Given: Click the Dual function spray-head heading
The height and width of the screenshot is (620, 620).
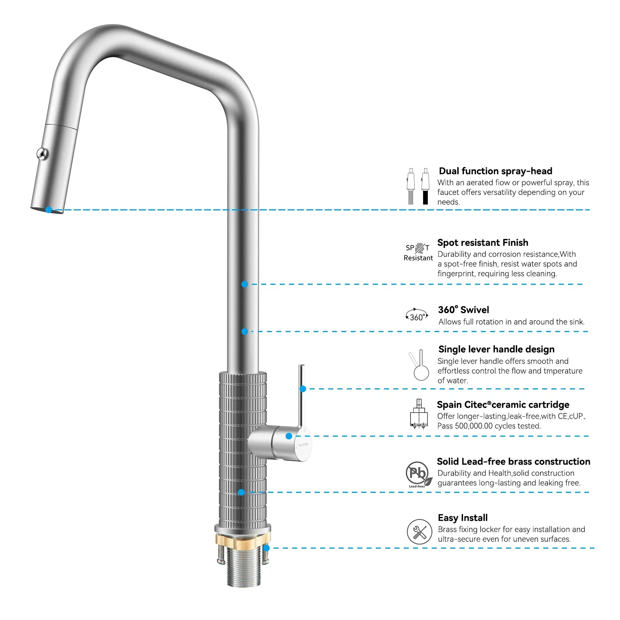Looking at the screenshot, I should (x=495, y=171).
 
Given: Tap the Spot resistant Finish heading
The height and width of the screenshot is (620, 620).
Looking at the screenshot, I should (x=482, y=243).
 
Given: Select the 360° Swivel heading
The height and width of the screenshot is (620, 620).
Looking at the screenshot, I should (x=463, y=310).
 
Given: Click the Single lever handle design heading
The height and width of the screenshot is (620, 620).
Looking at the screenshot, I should (x=496, y=349).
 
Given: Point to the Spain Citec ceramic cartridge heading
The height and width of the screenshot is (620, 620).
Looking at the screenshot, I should (x=503, y=405).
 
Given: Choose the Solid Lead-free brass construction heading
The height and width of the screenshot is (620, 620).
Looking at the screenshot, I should (x=513, y=461).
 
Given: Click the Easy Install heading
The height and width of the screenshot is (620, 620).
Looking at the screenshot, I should (x=463, y=518).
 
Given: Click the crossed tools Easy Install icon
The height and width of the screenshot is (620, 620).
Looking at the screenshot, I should (x=419, y=532).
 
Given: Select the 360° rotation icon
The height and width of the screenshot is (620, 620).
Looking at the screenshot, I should (x=417, y=315).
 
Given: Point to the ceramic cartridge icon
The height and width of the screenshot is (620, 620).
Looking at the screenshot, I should (x=418, y=414).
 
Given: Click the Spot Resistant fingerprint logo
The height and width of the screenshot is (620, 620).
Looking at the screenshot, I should (x=418, y=252).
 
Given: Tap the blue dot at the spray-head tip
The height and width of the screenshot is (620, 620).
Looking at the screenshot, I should (x=48, y=210).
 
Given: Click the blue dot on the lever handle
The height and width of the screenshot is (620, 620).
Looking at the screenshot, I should (x=303, y=389).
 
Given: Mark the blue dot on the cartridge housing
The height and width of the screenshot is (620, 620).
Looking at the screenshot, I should (x=289, y=436).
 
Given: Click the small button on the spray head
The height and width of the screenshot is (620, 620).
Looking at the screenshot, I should (x=42, y=154).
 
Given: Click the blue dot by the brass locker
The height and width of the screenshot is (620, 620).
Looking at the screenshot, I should (x=267, y=548).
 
